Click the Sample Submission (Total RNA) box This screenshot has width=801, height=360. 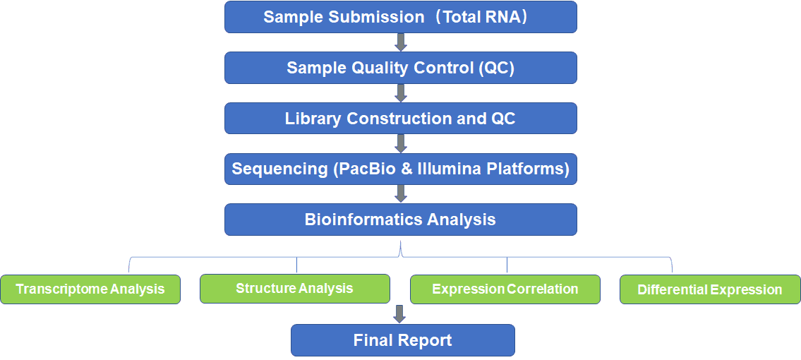(401, 17)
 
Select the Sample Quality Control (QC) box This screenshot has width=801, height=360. (401, 67)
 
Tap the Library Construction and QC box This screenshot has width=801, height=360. (401, 119)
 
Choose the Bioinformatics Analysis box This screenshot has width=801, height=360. (401, 220)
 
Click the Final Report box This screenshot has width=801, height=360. (402, 340)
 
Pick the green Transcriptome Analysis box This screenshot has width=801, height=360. (90, 289)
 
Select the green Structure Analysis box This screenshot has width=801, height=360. (295, 289)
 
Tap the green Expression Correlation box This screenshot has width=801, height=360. (505, 289)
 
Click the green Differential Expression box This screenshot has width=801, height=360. (710, 289)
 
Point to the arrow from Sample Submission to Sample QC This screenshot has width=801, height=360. (401, 42)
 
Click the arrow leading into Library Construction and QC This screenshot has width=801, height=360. (401, 93)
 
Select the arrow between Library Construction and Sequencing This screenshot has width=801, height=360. (401, 143)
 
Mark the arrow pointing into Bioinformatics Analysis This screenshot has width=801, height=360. (401, 194)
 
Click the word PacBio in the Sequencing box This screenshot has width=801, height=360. (366, 169)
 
